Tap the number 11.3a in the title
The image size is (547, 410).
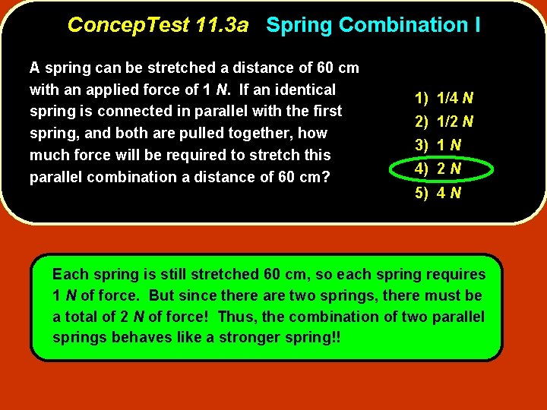[221, 25]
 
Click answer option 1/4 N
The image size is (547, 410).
[456, 98]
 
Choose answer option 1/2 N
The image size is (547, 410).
[456, 121]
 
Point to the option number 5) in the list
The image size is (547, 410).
[422, 193]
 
